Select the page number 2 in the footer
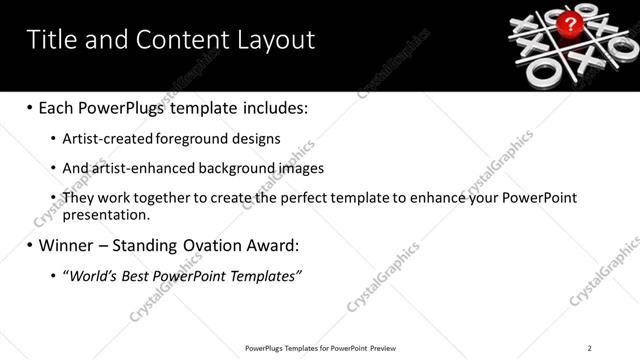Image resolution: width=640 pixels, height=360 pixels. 590,348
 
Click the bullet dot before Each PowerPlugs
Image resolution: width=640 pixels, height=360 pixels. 30,107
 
